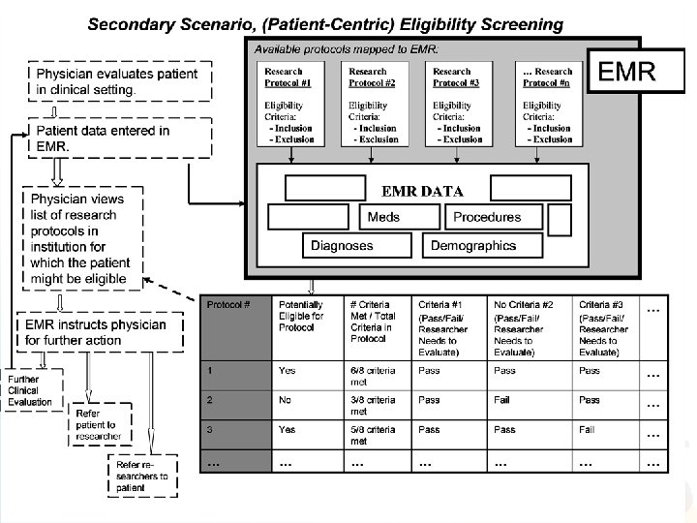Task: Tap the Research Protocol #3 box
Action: (x=459, y=104)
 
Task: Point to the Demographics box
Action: (x=473, y=246)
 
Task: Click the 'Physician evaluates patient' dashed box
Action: (x=116, y=80)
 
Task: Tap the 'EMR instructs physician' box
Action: (x=101, y=332)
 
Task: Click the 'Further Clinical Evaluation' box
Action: (x=30, y=390)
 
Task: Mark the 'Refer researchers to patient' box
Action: (x=142, y=476)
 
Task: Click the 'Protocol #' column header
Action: (x=234, y=327)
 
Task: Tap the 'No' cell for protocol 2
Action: (x=287, y=399)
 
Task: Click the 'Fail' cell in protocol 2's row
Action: (x=504, y=399)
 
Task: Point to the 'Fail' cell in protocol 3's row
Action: (x=587, y=429)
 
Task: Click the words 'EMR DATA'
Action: (x=422, y=191)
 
